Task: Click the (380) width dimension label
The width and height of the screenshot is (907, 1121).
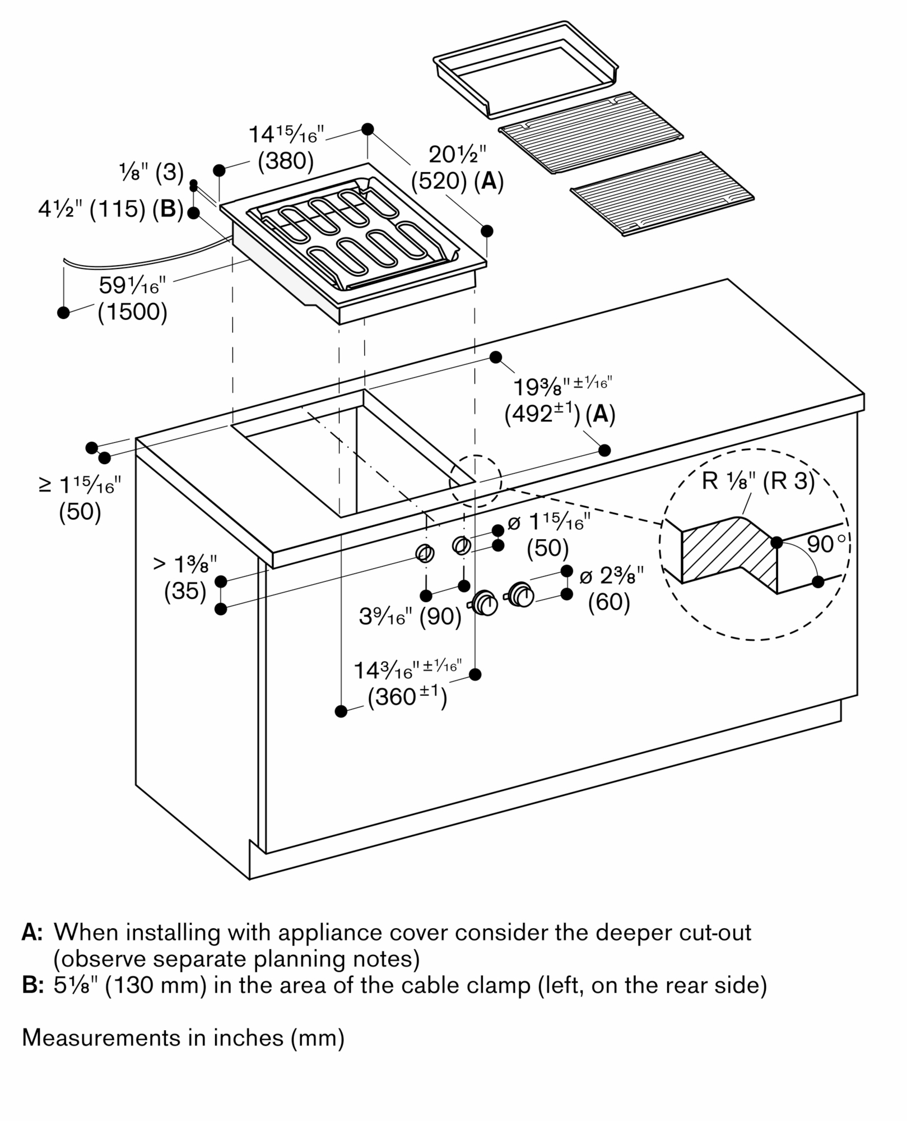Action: [x=285, y=161]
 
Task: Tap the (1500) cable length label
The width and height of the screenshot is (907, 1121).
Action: [x=132, y=312]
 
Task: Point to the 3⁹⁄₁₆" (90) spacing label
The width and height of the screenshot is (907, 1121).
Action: [x=410, y=617]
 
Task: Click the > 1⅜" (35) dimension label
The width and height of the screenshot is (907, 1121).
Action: [x=185, y=577]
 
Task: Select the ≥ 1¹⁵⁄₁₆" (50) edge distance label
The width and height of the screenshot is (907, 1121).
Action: [x=80, y=498]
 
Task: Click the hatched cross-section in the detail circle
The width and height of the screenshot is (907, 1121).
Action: [x=728, y=552]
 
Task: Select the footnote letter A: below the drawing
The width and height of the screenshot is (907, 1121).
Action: [x=32, y=933]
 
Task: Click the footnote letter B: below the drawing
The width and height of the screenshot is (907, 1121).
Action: [x=32, y=984]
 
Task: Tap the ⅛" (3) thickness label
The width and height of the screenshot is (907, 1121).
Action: [x=151, y=173]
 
